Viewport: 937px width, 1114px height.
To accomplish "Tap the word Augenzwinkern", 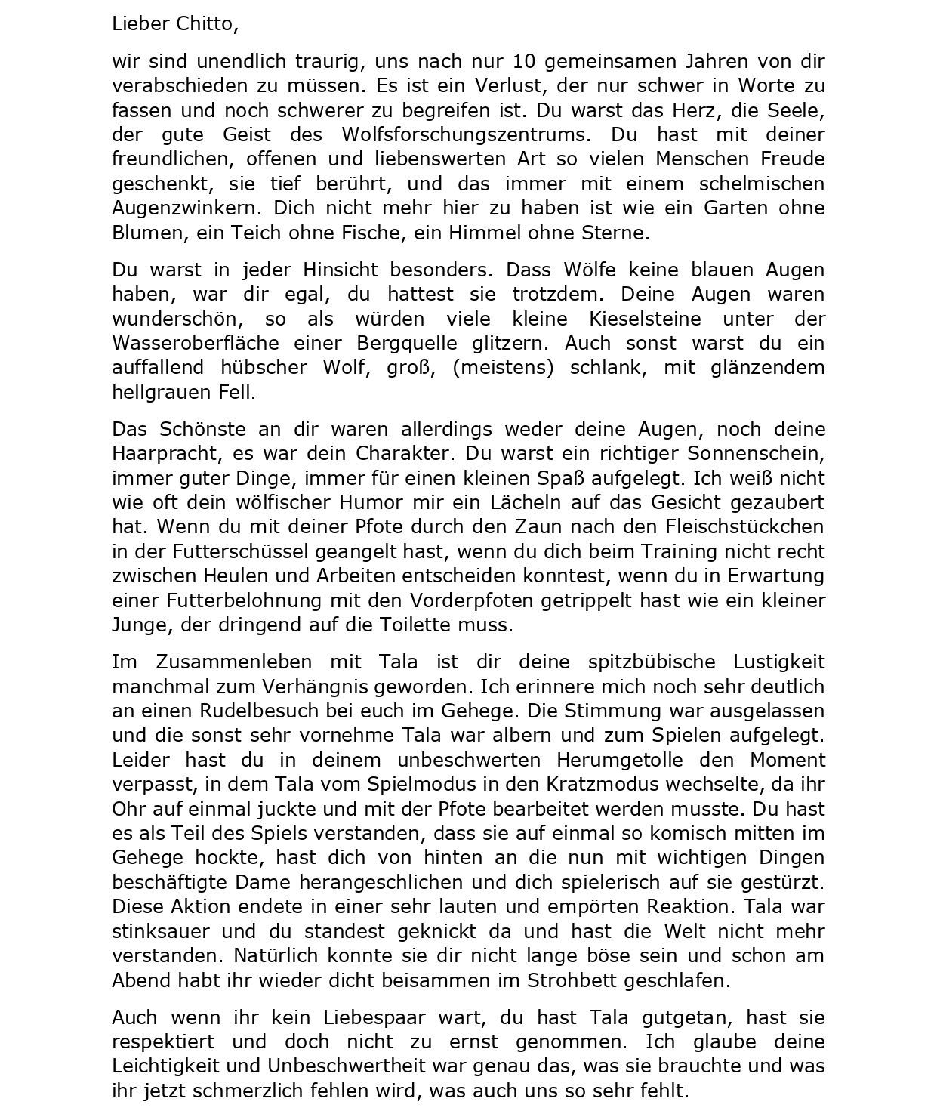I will (x=187, y=208).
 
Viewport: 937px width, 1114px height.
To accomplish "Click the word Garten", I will (x=732, y=208).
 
